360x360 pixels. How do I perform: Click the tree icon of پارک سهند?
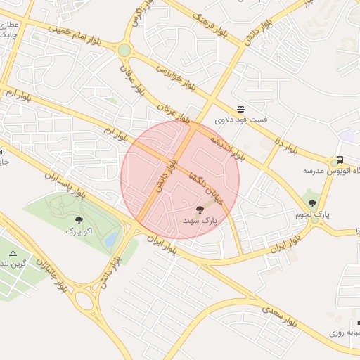(200, 210)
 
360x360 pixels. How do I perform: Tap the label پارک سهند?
(200, 221)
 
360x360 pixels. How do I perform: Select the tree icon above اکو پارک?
(79, 220)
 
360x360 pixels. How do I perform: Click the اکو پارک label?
(79, 231)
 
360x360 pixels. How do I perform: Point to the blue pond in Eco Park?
(111, 240)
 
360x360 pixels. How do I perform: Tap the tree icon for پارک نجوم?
(312, 203)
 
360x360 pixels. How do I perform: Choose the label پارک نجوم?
(312, 214)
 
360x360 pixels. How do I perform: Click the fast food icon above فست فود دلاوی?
(241, 109)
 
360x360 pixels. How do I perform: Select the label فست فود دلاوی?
(241, 120)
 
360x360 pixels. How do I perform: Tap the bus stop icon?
(340, 160)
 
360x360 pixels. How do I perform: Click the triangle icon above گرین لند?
(13, 252)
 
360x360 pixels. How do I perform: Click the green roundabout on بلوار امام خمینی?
(124, 51)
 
